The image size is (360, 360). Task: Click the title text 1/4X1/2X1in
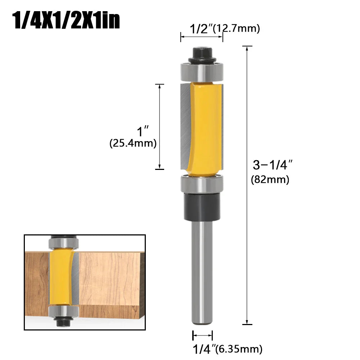pyautogui.click(x=66, y=21)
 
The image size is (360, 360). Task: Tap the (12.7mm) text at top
pyautogui.click(x=236, y=29)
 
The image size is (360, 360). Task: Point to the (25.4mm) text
pyautogui.click(x=133, y=143)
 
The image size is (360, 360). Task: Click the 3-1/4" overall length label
pyautogui.click(x=272, y=165)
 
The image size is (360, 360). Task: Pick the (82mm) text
pyautogui.click(x=270, y=179)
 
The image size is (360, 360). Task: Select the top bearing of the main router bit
pyautogui.click(x=202, y=71)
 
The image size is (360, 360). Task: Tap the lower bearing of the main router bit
pyautogui.click(x=202, y=184)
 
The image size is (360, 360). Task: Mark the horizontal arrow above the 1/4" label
pyautogui.click(x=203, y=336)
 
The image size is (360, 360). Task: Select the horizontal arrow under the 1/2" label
pyautogui.click(x=202, y=37)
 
